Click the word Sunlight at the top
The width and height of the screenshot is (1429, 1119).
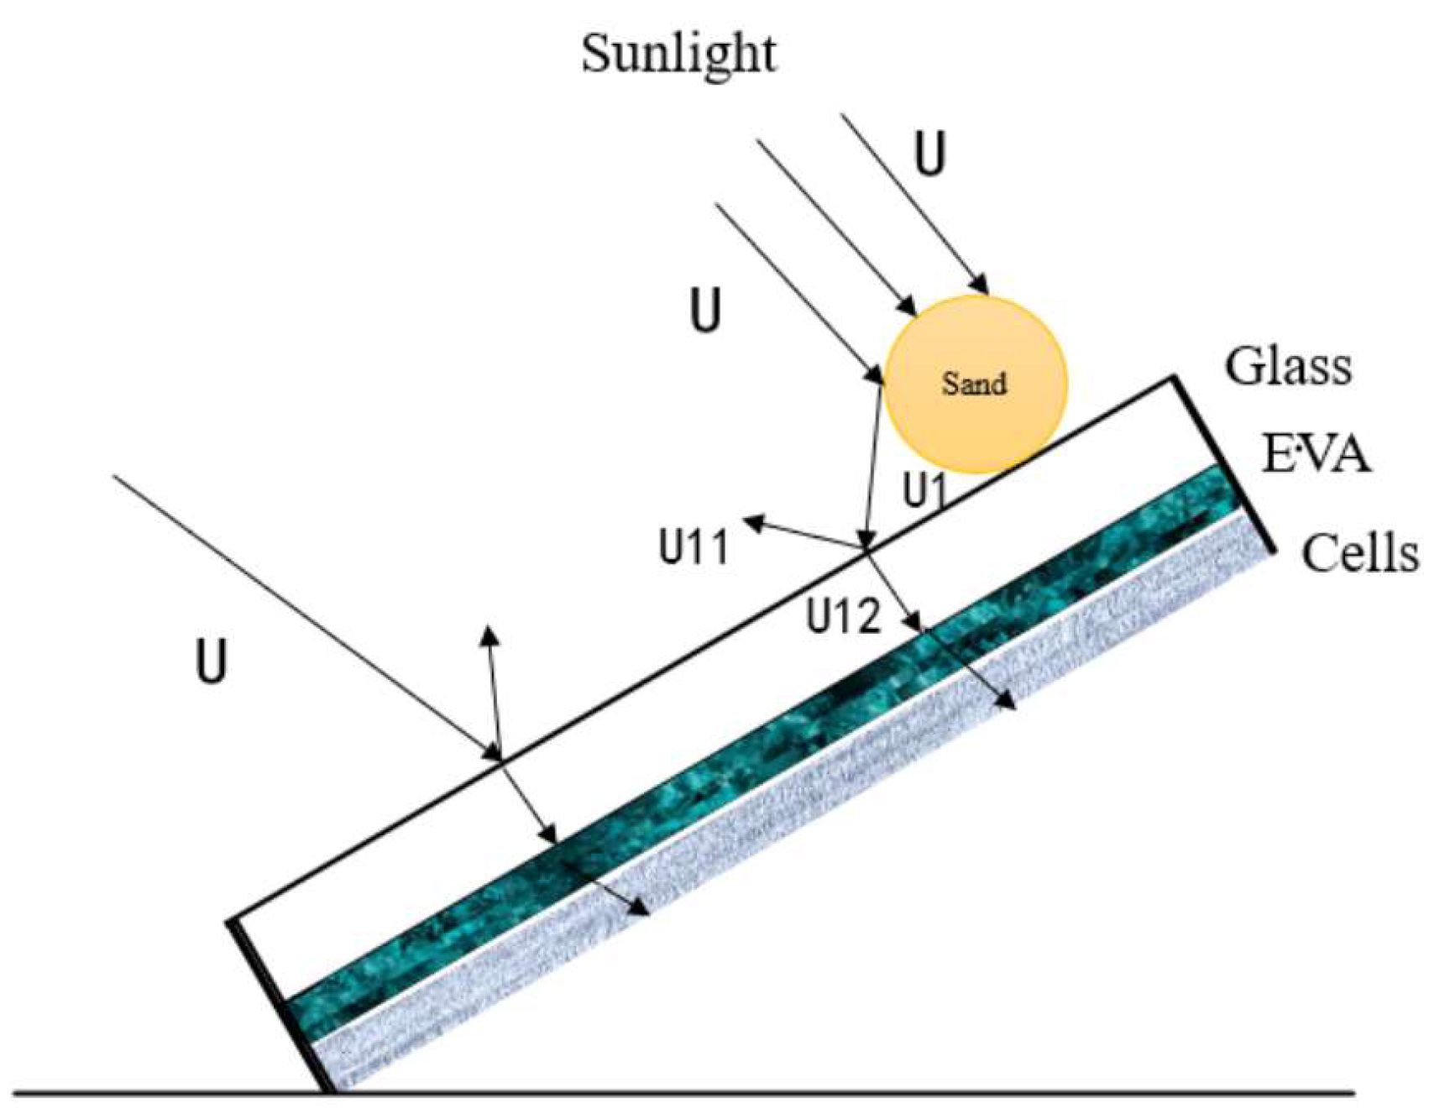click(x=678, y=55)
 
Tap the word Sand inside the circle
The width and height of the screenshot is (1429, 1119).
click(x=974, y=384)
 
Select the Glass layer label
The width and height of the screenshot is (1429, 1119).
click(x=1288, y=367)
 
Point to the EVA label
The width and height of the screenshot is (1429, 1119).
click(x=1316, y=456)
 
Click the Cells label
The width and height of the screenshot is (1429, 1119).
click(x=1359, y=554)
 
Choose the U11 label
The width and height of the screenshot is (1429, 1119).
click(x=694, y=547)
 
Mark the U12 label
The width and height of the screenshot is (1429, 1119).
click(x=844, y=617)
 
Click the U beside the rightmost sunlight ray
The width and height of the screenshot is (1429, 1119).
click(x=929, y=154)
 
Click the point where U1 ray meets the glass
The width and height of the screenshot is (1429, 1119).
click(x=865, y=550)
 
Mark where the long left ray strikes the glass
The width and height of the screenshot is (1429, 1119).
click(x=500, y=760)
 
